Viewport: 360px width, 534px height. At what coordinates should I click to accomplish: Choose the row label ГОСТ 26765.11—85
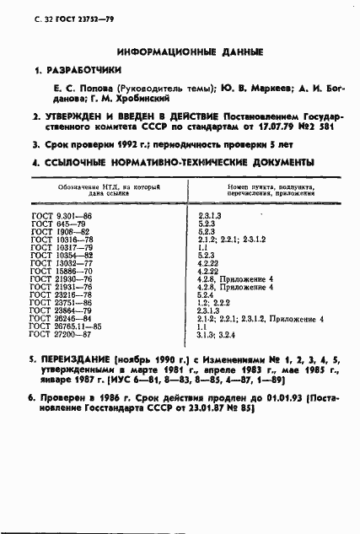click(x=65, y=326)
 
